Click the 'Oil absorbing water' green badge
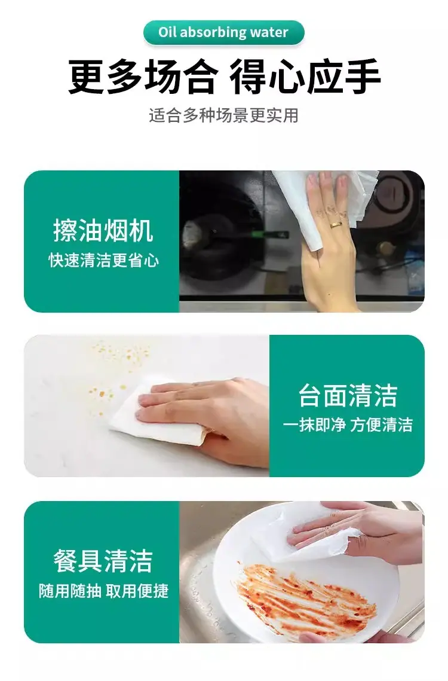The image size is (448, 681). tap(223, 32)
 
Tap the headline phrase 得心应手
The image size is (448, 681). tap(305, 77)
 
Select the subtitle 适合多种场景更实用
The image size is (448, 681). tap(223, 115)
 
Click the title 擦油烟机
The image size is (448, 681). tap(103, 231)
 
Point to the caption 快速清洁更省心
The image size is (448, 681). tap(103, 261)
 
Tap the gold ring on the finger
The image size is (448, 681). tap(335, 225)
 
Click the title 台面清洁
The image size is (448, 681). tap(348, 395)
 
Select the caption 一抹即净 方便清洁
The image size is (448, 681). tap(347, 425)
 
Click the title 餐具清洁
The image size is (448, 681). tap(103, 561)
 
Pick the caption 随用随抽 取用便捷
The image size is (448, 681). tap(103, 591)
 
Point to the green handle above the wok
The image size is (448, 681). tap(269, 234)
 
